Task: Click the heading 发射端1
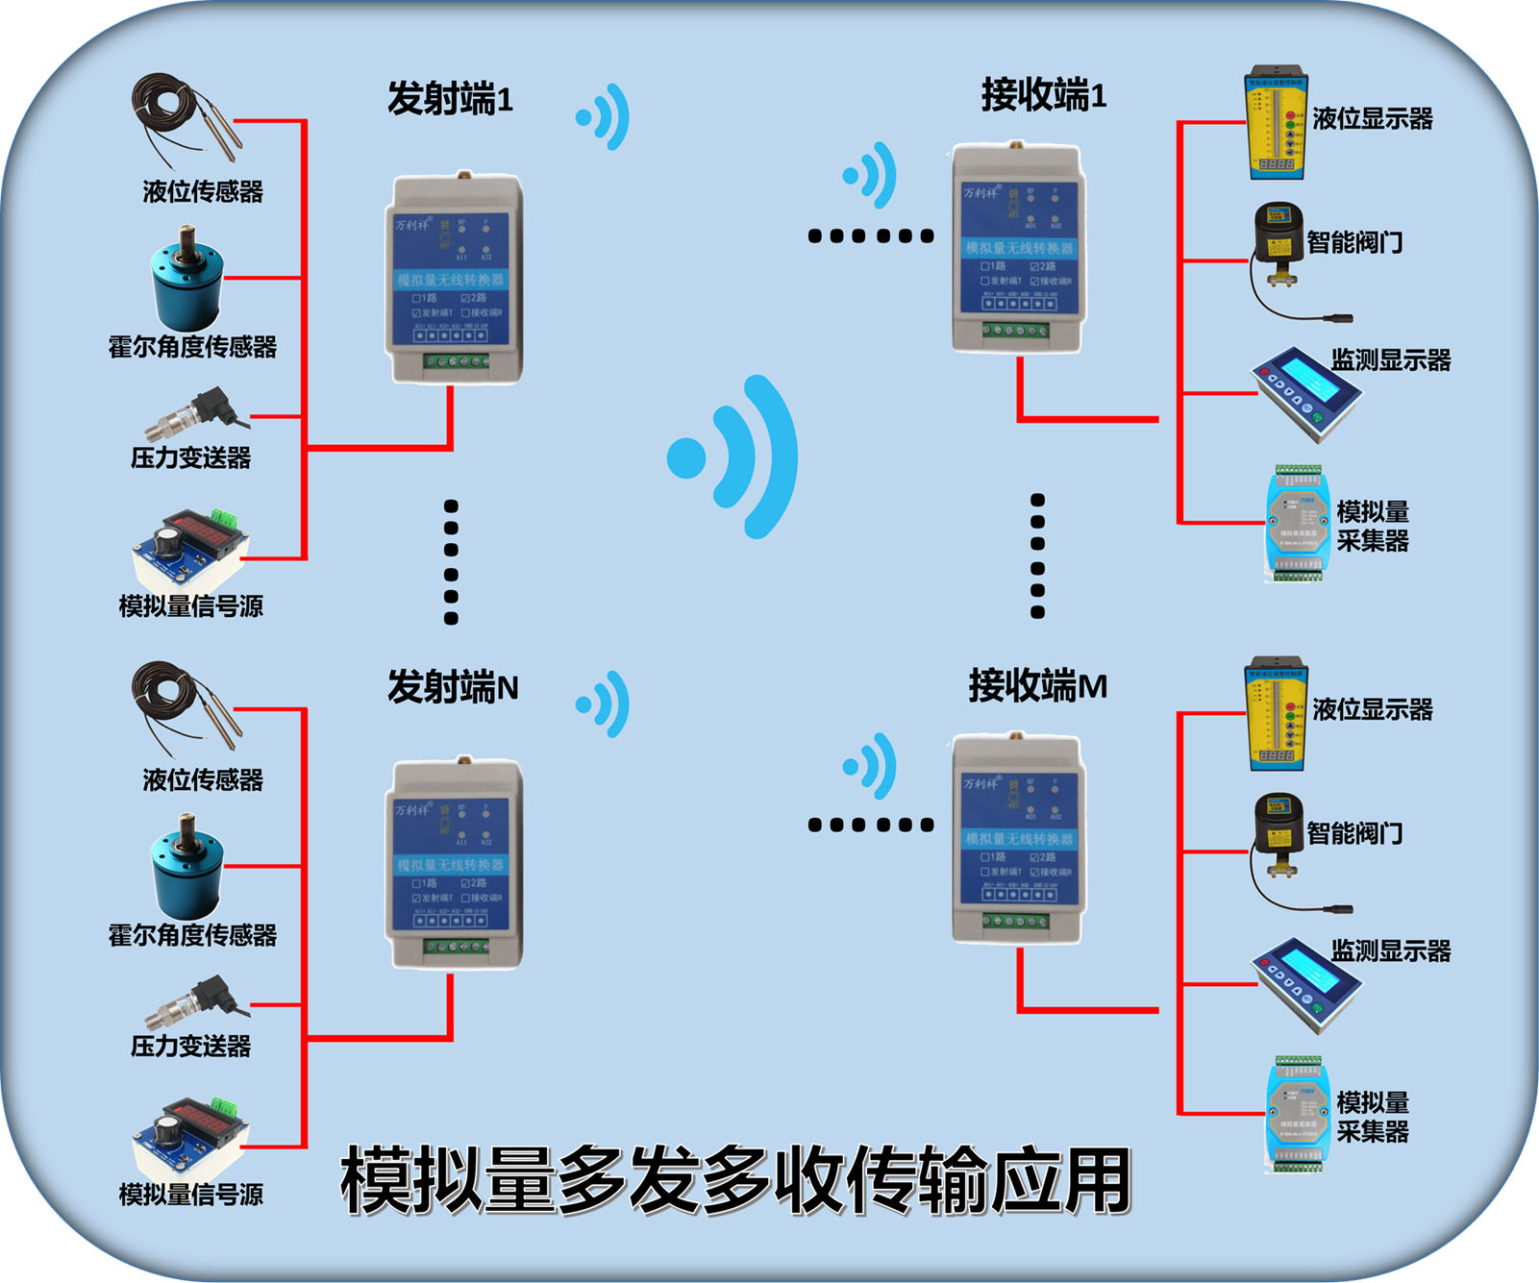click(x=450, y=99)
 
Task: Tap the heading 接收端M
click(x=1037, y=686)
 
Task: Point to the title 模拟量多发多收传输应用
click(x=735, y=1180)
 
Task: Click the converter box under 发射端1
click(x=454, y=279)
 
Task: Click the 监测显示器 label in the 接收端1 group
click(x=1390, y=360)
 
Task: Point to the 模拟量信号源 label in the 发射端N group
click(x=190, y=1195)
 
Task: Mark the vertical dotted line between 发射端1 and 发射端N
click(x=451, y=562)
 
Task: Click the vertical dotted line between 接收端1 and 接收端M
click(x=1036, y=555)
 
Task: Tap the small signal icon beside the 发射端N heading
click(x=604, y=703)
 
